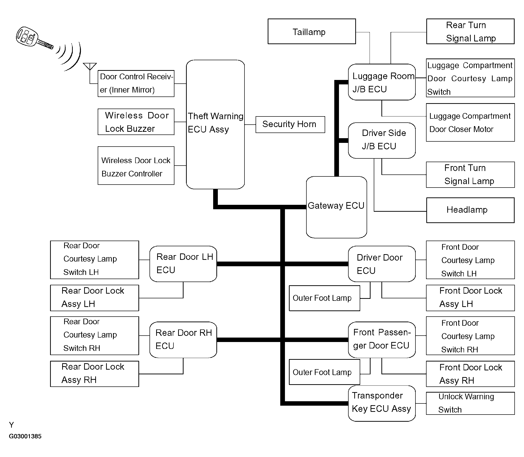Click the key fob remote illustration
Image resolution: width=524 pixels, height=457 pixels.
coord(33,38)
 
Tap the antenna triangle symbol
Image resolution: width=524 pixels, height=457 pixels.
coord(90,66)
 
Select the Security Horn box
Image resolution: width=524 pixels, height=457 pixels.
coord(290,124)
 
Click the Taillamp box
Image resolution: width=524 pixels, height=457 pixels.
coord(311,32)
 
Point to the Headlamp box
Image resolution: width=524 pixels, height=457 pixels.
coord(470,210)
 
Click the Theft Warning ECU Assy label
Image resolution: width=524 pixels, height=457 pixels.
coord(215,123)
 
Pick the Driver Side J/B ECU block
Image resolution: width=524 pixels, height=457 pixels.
coord(381,140)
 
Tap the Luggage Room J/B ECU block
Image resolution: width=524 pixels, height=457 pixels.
coord(381,82)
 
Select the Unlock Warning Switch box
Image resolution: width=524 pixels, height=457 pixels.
coord(470,403)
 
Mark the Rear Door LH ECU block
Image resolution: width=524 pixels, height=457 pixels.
coord(183,264)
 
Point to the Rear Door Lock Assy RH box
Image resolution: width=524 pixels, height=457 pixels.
coord(94,374)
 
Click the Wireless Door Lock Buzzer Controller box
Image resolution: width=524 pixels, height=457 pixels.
coord(136,166)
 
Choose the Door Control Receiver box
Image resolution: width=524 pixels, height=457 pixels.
coord(136,83)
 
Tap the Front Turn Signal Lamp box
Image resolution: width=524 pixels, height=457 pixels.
coord(470,175)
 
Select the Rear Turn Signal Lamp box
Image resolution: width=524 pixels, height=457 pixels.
coord(470,32)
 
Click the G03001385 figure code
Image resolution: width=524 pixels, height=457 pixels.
coord(25,436)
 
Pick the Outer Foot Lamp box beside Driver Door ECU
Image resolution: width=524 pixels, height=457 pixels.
coord(324,298)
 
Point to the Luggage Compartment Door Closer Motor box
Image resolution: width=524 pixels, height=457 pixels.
coord(470,122)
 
